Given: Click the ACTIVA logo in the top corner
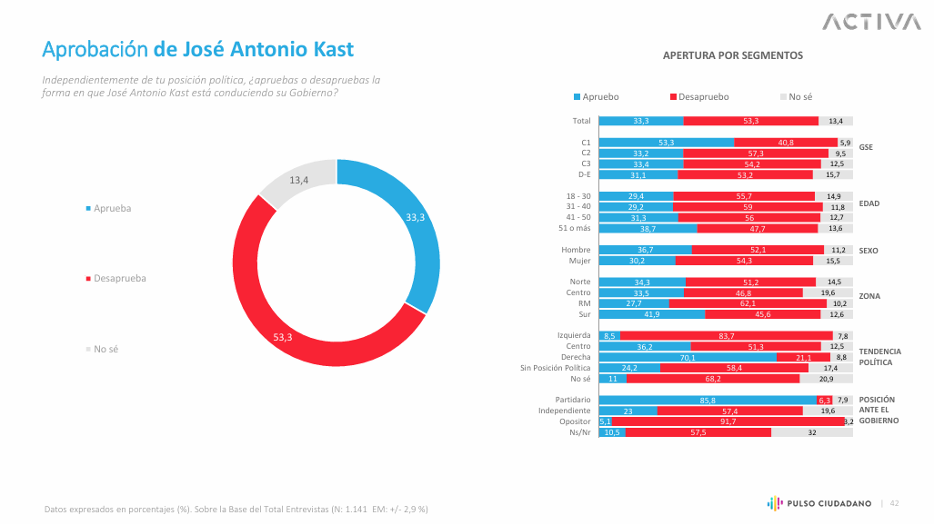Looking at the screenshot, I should tap(870, 21).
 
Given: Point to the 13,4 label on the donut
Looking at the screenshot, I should tap(299, 180).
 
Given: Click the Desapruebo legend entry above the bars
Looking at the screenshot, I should tap(699, 96).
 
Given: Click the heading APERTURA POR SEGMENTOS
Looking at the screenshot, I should tap(732, 55).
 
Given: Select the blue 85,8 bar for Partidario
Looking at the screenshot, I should tap(707, 400).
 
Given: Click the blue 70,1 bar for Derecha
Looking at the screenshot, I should tap(688, 357).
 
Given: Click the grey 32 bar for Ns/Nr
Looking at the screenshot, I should tap(811, 432).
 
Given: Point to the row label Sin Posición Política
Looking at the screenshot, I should tap(555, 368).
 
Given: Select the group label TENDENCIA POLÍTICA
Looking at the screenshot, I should tap(879, 356).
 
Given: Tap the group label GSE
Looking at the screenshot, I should tap(866, 147).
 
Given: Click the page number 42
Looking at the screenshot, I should tap(894, 503).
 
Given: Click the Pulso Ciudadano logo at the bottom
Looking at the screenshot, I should tap(819, 503).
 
